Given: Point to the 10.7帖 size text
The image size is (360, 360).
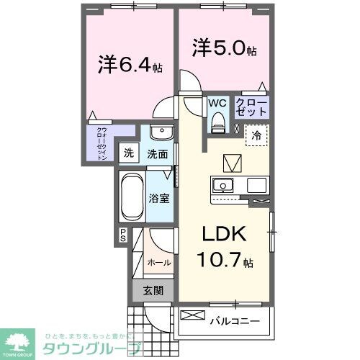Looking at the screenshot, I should tap(227, 260).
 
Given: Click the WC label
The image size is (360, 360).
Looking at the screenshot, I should tap(217, 103).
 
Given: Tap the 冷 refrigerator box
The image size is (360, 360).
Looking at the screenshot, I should tap(256, 134).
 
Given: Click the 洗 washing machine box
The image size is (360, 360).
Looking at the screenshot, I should tap(128, 153).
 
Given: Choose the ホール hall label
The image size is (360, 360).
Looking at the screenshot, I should tap(159, 263).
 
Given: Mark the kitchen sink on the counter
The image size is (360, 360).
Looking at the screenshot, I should tap(225, 185).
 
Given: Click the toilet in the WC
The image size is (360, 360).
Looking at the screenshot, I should tap(217, 124).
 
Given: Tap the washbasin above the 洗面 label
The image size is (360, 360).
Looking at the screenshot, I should tap(162, 135).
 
